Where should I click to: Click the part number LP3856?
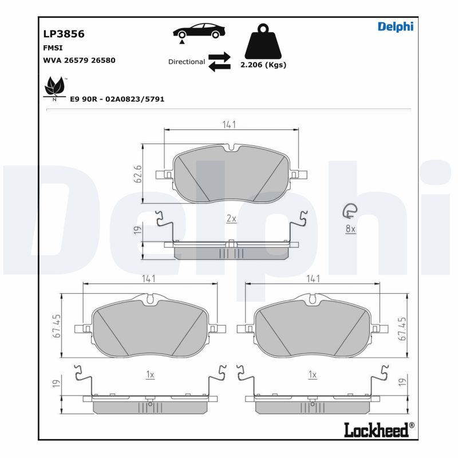pyautogui.click(x=64, y=34)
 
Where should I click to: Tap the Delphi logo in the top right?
pyautogui.click(x=395, y=26)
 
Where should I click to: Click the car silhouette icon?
pyautogui.click(x=199, y=32)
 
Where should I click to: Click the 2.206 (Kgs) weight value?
pyautogui.click(x=263, y=65)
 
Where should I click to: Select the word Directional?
pyautogui.click(x=187, y=61)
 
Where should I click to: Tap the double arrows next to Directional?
pyautogui.click(x=219, y=62)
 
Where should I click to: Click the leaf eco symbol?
pyautogui.click(x=55, y=87)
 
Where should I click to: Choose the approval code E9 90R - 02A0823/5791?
pyautogui.click(x=117, y=99)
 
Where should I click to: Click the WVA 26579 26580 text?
pyautogui.click(x=80, y=60)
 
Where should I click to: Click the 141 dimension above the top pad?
pyautogui.click(x=230, y=124)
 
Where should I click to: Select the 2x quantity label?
pyautogui.click(x=231, y=219)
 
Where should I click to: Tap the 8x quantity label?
pyautogui.click(x=350, y=229)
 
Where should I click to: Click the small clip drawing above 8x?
pyautogui.click(x=349, y=212)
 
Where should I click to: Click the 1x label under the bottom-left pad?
pyautogui.click(x=150, y=374)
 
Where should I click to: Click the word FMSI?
pyautogui.click(x=53, y=48)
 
